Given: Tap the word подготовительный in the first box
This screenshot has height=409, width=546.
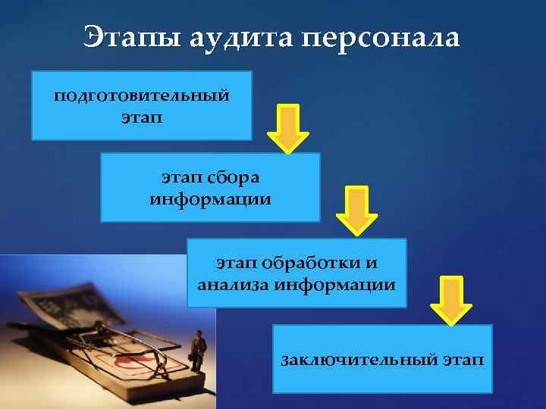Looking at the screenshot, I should (141, 97).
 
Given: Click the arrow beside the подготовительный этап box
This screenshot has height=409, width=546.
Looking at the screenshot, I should (287, 127).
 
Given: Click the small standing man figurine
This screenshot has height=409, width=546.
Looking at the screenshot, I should (199, 351).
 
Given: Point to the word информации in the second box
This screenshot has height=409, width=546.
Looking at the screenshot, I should (210, 199).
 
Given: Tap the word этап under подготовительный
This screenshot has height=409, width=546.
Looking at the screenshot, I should (141, 118).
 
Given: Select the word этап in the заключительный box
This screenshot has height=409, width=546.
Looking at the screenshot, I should (461, 358).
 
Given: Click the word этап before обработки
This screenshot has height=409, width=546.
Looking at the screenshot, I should (237, 263).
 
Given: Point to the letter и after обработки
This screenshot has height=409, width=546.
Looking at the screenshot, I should (371, 263).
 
